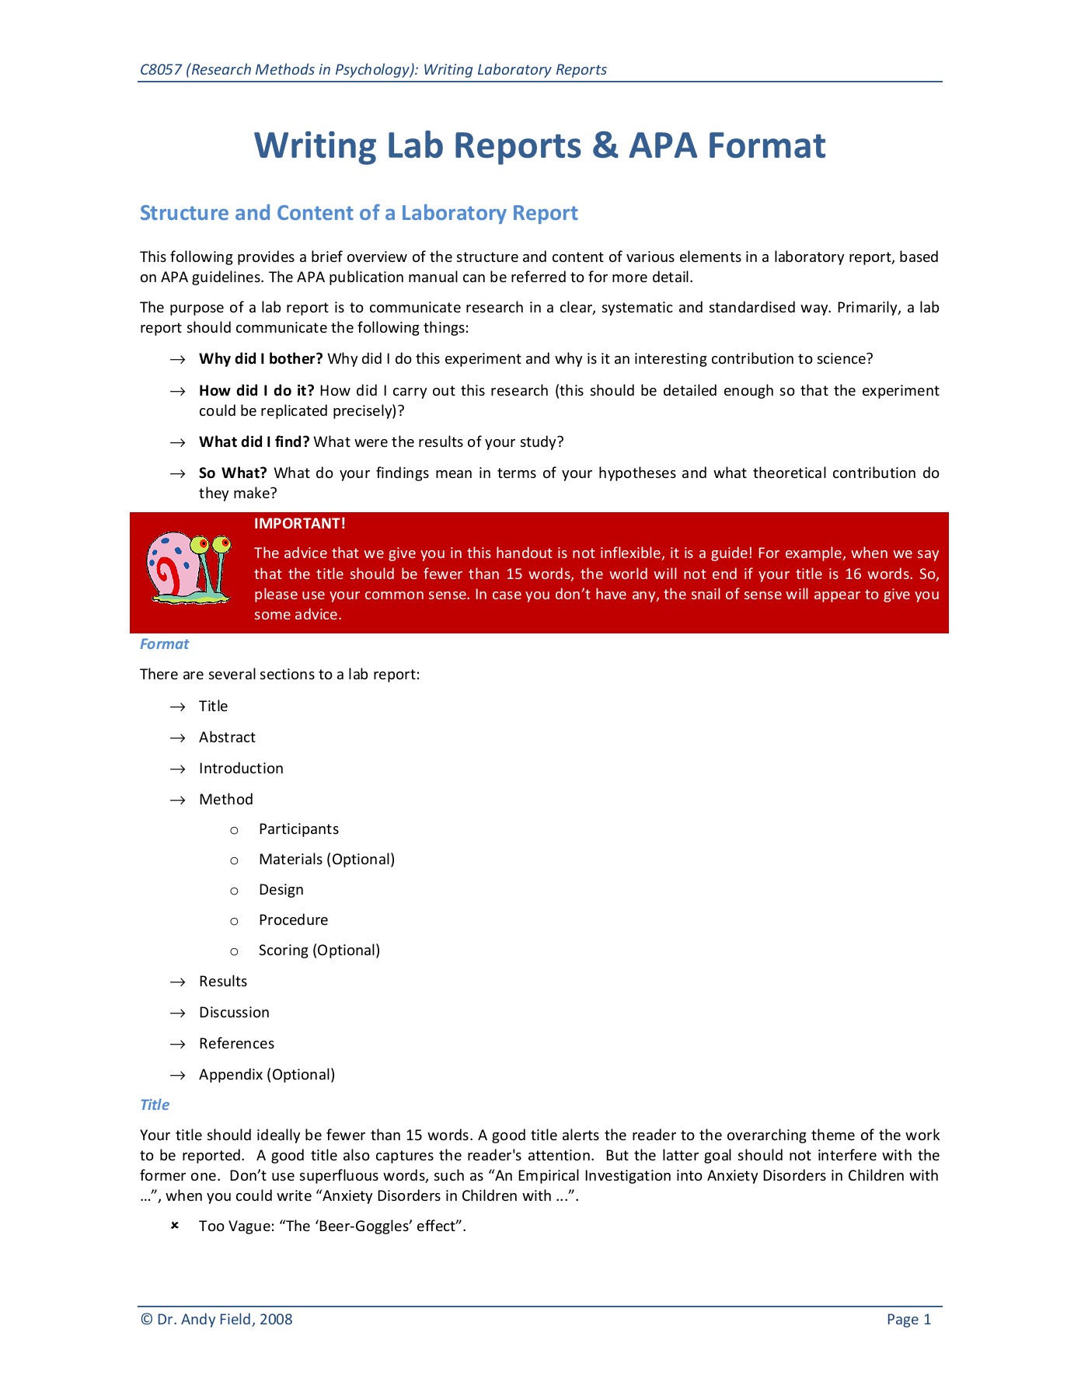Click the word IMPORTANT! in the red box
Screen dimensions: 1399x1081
tap(299, 524)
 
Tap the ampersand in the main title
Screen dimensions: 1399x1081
tap(605, 146)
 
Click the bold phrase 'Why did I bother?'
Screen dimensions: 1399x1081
tap(260, 359)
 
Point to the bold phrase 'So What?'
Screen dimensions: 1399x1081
tap(232, 473)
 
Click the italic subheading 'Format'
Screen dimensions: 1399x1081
tap(164, 644)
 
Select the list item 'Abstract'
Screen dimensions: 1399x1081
tap(227, 738)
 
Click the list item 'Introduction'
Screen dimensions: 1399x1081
tap(241, 769)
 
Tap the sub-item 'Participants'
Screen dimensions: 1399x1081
tap(298, 829)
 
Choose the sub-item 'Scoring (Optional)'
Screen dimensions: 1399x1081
tap(319, 951)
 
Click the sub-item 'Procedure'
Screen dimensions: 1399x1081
tap(293, 920)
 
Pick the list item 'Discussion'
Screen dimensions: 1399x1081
tap(234, 1013)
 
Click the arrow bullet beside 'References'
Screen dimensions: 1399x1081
tap(178, 1045)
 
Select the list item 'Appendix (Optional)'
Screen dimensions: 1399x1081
tap(267, 1075)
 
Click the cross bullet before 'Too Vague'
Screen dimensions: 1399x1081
tap(175, 1226)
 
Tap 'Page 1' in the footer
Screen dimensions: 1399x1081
tap(908, 1320)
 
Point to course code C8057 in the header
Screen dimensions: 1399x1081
tap(161, 70)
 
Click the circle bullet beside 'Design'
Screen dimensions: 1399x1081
tap(234, 891)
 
